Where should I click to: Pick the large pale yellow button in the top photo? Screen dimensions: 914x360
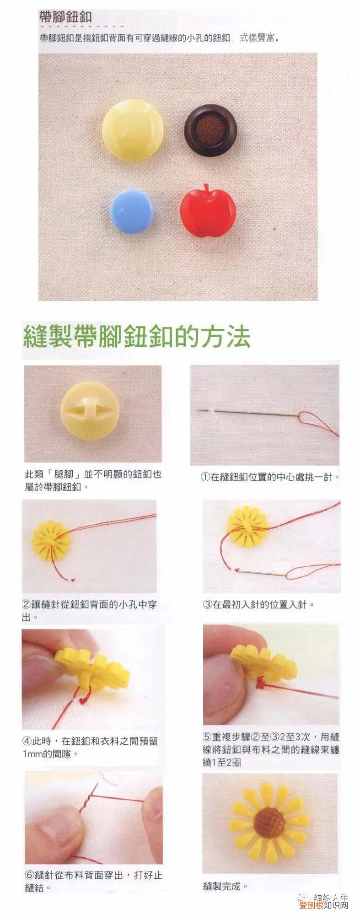pos(133,129)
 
